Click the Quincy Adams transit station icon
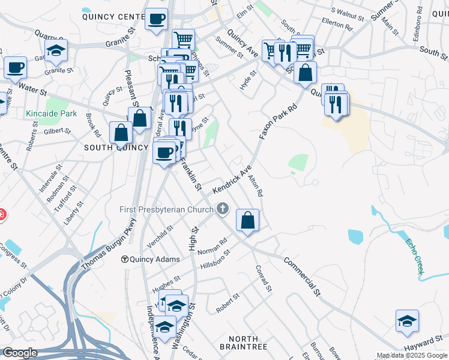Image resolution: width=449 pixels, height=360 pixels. pos(125,259)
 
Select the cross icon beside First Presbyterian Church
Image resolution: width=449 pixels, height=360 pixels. pos(223,209)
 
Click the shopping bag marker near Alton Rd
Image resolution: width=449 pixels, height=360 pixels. pos(247,220)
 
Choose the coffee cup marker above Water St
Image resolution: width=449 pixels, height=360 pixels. pos(15,67)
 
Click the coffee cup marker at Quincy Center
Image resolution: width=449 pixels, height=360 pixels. pos(156,19)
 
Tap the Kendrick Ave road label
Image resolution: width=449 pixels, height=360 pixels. pos(231,181)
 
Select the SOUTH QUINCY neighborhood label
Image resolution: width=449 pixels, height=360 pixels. pos(116,148)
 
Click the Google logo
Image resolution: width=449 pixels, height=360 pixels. pos(20,353)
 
